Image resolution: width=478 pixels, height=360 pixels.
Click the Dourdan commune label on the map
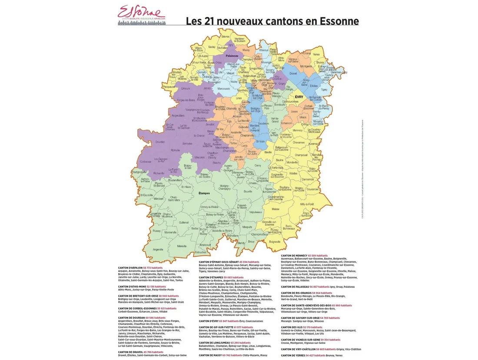pyautogui.click(x=160, y=142)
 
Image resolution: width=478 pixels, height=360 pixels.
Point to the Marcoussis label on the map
pyautogui.click(x=223, y=89)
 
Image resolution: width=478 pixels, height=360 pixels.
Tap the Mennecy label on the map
pyautogui.click(x=298, y=130)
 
